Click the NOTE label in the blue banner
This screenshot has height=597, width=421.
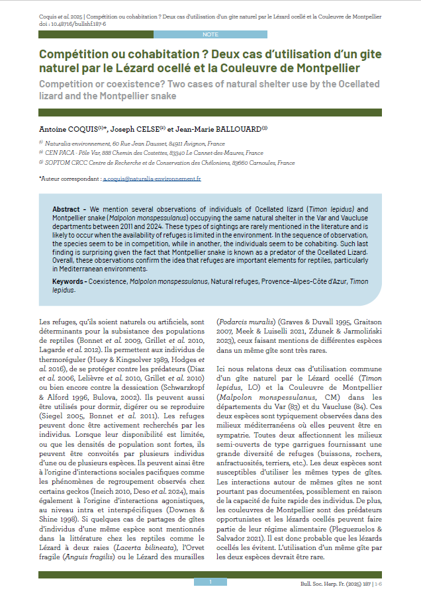(210, 33)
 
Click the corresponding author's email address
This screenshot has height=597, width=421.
(152, 179)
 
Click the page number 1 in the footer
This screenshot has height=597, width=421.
(210, 582)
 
